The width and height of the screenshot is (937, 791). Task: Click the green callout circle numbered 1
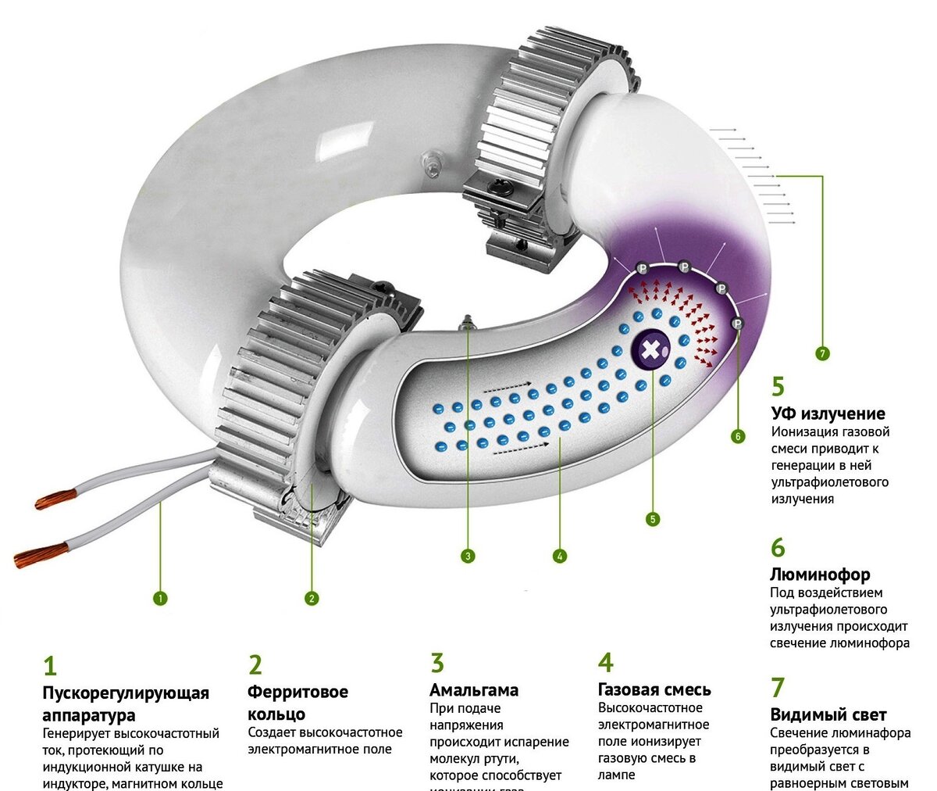pos(160,599)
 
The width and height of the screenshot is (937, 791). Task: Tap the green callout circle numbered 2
pos(312,599)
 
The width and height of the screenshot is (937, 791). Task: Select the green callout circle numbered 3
pos(467,557)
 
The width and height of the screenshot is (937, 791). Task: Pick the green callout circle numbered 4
pos(559,557)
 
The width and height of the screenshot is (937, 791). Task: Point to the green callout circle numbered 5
pos(653,518)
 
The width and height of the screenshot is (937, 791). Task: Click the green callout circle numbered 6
pos(738,436)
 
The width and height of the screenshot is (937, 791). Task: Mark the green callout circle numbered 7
pos(822,353)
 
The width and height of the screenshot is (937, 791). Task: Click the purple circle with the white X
pos(650,351)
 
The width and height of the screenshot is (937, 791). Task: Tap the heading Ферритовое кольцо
pos(297,703)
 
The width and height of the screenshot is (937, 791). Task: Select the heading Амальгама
pos(474,690)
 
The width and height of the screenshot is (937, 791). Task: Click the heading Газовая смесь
pos(654,689)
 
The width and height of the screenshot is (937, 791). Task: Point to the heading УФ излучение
pos(828,413)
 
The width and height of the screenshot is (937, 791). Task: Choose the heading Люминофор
pos(820,574)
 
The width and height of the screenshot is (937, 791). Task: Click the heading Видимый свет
pos(828,714)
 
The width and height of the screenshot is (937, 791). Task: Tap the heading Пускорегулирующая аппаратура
pos(125,703)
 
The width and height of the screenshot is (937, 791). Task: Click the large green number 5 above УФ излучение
pos(778,386)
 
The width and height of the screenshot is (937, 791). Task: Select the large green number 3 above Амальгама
pos(437,663)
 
